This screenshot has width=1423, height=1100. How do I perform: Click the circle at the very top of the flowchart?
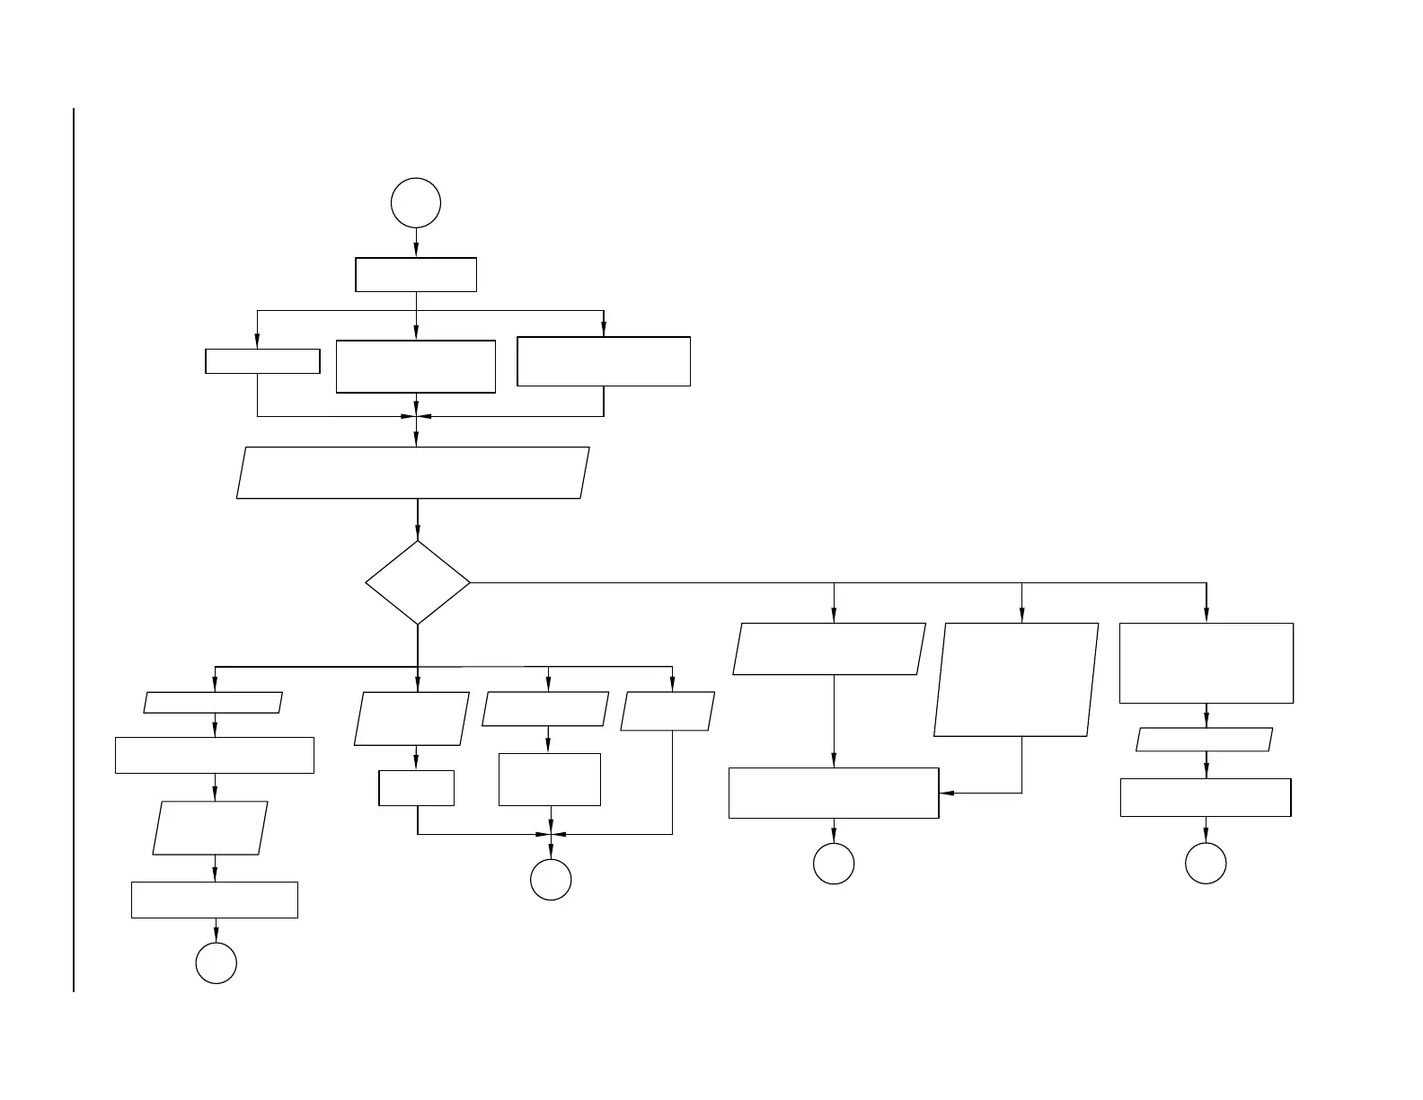coord(416,203)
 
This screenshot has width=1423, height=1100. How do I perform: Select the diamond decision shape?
coord(418,582)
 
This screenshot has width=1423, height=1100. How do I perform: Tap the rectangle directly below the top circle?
coord(416,275)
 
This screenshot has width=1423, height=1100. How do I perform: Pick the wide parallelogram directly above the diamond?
coord(413,473)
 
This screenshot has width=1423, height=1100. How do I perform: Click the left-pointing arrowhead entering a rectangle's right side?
coord(946,793)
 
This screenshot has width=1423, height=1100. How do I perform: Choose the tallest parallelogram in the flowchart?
coord(1016,679)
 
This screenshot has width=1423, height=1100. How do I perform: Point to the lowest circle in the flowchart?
coord(217,963)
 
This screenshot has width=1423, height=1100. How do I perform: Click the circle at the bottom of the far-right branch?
coord(1206,864)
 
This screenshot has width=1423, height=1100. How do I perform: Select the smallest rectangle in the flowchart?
coord(417,788)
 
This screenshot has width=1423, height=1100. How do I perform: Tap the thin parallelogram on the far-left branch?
coord(214,703)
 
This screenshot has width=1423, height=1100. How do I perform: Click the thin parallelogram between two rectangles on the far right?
coord(1205,740)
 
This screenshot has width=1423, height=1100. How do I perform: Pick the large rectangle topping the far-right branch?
coord(1206,663)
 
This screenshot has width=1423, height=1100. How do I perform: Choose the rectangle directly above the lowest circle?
coord(215,900)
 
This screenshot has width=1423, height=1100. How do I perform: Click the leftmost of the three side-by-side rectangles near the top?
coord(262,361)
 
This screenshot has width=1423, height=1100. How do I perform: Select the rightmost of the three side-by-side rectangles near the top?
coord(604,361)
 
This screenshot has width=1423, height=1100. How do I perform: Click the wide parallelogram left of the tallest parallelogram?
coord(829,649)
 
